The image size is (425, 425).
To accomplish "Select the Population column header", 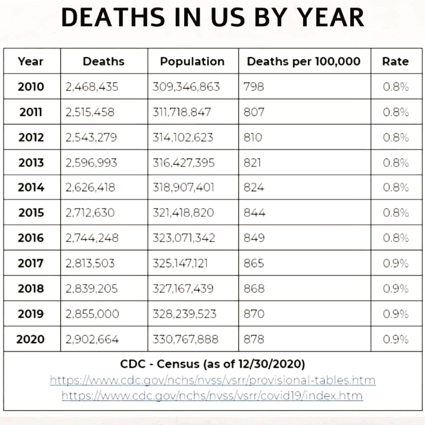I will coord(192,62).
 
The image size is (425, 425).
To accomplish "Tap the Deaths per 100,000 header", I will coord(304,62).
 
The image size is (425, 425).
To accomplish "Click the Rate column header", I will coord(395,62).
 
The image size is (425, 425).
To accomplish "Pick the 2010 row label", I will coord(31,87).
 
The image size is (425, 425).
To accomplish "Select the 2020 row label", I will coord(31,340).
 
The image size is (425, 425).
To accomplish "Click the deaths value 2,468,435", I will coord(92,87).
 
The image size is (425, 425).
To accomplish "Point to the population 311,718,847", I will coord(182,112).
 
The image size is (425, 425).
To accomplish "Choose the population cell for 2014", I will coord(183,188).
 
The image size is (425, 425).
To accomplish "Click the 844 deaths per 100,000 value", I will coord(254,213).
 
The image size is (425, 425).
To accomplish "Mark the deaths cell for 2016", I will coord(92,238).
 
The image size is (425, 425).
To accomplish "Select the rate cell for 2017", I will coord(395,264).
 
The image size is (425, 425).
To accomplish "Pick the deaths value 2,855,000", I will coord(92,314).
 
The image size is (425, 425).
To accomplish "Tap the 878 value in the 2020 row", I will coord(254,340).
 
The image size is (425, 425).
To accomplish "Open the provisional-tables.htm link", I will coord(213,380).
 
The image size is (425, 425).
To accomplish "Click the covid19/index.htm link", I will coord(212,396).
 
